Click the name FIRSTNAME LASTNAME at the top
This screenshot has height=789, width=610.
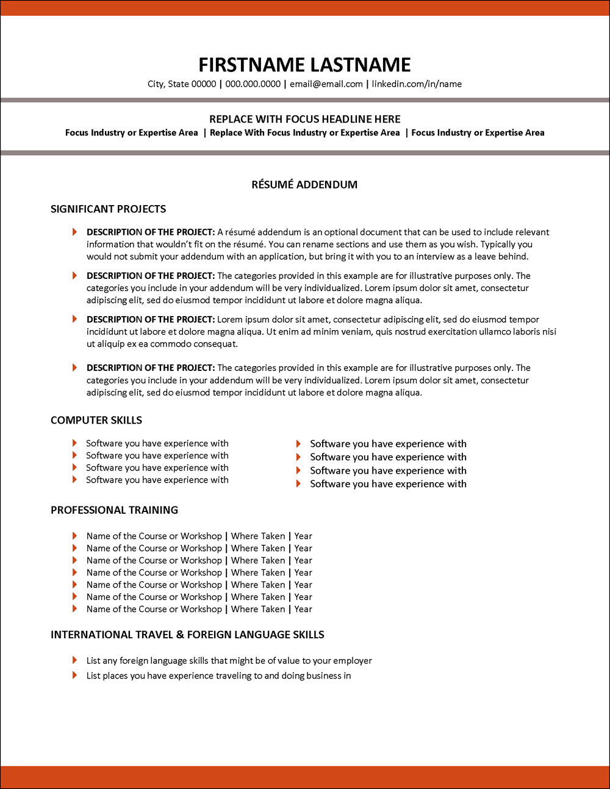coord(304,65)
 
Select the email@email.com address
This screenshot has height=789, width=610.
coord(326,84)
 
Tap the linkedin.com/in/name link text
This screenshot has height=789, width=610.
coord(417,84)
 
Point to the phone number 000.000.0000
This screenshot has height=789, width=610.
coord(253,84)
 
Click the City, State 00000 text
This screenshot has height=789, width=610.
coord(182,84)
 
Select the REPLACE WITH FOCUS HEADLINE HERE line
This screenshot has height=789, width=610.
coord(304,119)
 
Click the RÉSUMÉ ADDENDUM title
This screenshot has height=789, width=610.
coord(304,184)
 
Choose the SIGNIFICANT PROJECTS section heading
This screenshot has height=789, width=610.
coord(108,209)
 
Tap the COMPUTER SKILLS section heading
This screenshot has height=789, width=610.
coord(96,420)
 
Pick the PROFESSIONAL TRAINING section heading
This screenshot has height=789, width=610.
coord(114,510)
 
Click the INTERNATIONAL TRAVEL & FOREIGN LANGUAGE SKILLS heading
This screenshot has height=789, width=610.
coord(187,635)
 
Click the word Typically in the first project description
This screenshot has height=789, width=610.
coord(498,244)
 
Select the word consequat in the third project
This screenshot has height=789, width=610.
coord(216,344)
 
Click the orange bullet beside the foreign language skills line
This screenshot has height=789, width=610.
coord(74,660)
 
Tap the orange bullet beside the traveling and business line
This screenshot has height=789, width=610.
coord(74,675)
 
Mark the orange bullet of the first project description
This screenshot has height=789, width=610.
coord(74,232)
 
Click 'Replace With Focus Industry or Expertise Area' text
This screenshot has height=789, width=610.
coord(304,132)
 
